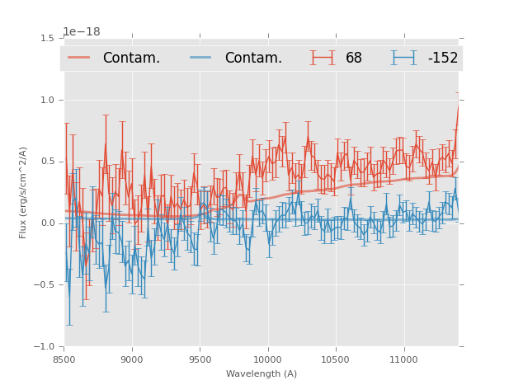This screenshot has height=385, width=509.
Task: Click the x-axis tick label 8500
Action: [64, 359]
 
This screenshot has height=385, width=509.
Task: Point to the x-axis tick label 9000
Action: [132, 359]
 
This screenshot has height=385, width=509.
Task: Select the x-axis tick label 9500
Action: [200, 359]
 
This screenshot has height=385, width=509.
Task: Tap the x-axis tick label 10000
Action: [267, 359]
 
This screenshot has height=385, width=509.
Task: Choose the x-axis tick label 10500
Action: [335, 359]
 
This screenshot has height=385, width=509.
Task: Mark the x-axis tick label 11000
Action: [403, 359]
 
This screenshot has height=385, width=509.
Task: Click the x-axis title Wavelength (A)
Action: [262, 373]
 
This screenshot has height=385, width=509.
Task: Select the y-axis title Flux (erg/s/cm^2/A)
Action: [24, 192]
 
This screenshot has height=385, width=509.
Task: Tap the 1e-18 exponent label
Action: [81, 32]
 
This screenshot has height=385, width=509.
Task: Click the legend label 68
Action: [354, 58]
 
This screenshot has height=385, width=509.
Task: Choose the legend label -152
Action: [442, 58]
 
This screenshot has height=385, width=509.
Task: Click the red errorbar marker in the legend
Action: [323, 58]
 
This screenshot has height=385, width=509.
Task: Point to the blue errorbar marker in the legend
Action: [403, 58]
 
